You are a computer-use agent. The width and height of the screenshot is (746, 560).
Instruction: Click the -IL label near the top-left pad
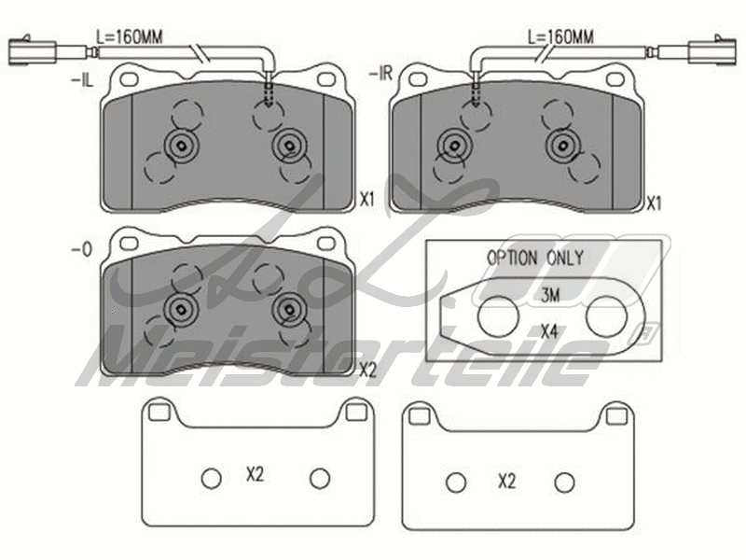click(x=82, y=82)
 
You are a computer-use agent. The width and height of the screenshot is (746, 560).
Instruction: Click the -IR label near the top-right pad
click(x=380, y=73)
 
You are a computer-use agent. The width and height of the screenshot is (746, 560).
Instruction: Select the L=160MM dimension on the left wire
click(x=130, y=37)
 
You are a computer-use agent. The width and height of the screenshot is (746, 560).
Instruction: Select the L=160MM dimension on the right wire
click(x=560, y=37)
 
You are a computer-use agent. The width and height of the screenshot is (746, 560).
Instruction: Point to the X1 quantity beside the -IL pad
click(x=366, y=200)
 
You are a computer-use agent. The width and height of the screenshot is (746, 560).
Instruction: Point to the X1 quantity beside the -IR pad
click(x=656, y=203)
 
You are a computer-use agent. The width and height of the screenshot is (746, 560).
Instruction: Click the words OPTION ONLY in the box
click(x=535, y=259)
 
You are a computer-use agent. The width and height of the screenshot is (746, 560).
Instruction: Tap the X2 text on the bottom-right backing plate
click(x=507, y=482)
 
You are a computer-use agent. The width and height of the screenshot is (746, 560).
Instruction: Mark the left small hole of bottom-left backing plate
click(x=211, y=478)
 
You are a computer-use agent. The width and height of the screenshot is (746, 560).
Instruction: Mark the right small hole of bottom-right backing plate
click(x=563, y=483)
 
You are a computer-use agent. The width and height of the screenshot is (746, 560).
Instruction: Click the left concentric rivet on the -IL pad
click(x=180, y=145)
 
